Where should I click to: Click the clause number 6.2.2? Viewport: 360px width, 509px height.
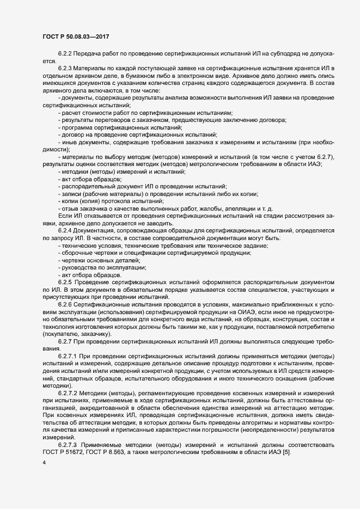[x=65, y=56]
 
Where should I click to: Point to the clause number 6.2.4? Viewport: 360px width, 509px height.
[x=65, y=230]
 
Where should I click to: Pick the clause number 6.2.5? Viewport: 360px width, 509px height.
[x=65, y=282]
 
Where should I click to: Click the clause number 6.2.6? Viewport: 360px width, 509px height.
[x=65, y=306]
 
